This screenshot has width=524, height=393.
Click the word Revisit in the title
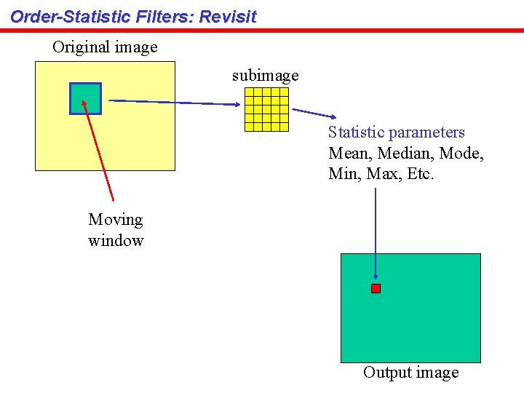click(228, 17)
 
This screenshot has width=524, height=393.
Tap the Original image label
click(105, 47)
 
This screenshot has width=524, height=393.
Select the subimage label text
click(265, 75)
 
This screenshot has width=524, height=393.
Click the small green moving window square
click(85, 98)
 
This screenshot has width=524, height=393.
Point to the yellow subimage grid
click(266, 109)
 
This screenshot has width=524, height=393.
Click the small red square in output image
click(376, 288)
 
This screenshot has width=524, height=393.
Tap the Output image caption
click(411, 373)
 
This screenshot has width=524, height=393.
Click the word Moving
click(116, 220)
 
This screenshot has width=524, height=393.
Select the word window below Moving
click(116, 241)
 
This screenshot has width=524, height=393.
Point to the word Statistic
click(356, 132)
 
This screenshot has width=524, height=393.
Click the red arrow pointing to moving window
click(99, 150)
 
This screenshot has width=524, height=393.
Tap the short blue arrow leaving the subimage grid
click(313, 114)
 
